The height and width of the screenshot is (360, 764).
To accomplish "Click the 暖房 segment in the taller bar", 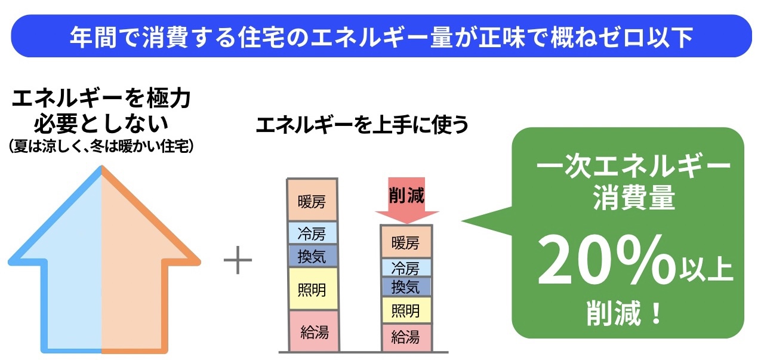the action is click(312, 200).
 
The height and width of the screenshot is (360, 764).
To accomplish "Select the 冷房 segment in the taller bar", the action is click(312, 233).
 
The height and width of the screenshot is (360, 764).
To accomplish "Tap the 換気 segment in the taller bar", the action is click(312, 256).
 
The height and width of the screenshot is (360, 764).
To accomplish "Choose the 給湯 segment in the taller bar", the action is click(314, 331).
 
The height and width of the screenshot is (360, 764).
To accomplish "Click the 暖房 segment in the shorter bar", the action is click(406, 242).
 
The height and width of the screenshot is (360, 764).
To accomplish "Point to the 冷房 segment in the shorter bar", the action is click(406, 267).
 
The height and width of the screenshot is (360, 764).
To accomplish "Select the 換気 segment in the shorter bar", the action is click(406, 287).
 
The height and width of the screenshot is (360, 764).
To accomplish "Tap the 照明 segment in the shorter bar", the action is click(406, 310).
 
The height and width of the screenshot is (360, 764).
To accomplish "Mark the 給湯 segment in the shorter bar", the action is click(406, 337).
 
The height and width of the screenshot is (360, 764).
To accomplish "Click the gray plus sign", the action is click(238, 260).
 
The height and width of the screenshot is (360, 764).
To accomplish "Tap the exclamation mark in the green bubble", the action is click(656, 312).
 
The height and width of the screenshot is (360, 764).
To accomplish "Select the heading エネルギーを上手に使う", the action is click(362, 125).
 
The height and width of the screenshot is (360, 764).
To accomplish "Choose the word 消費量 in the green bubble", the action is click(634, 197).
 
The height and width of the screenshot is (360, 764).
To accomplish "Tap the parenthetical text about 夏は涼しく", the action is click(101, 146).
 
